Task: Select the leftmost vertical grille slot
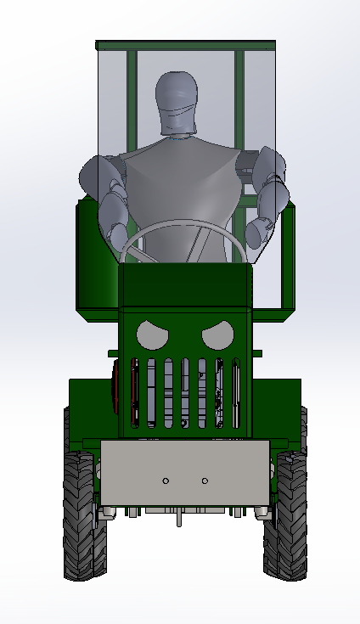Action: point(134,392)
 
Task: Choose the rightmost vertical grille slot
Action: point(236,392)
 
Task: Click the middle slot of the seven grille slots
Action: point(185,392)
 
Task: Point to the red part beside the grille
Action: point(115,385)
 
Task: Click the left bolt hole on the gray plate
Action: point(166,481)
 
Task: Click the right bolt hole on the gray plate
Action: point(205,481)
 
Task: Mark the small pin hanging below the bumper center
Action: point(179,519)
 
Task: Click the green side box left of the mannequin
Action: point(95,255)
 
